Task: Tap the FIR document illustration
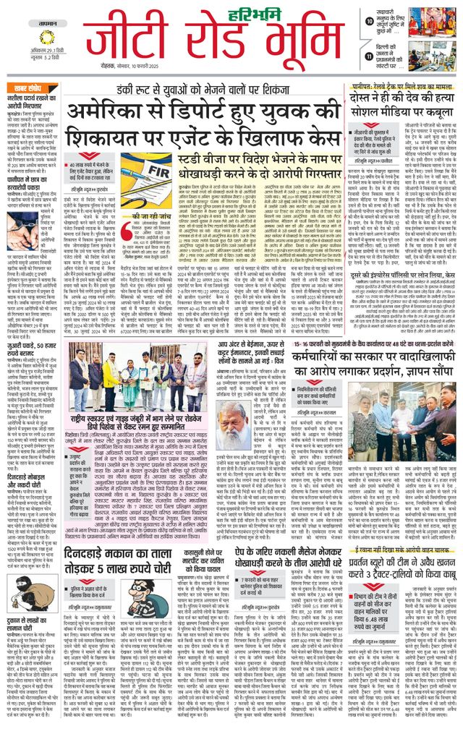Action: [x=145, y=174]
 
